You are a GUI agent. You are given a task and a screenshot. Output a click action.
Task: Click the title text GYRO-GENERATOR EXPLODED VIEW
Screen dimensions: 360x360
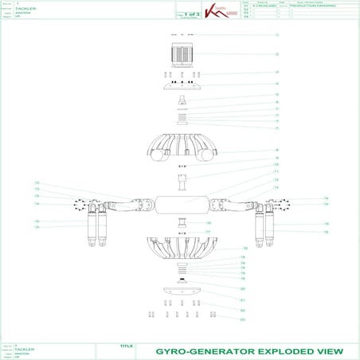point(248,350)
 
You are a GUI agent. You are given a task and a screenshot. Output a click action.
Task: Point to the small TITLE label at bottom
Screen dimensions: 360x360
point(124,346)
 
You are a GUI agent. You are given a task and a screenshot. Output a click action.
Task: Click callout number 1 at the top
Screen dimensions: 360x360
point(276,35)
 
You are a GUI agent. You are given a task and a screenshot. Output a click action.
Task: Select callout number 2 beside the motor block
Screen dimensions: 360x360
point(276,54)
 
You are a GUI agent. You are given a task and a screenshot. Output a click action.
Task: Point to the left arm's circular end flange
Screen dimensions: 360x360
point(80,202)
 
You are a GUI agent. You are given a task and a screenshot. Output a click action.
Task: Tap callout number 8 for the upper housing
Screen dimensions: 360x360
point(276,150)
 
